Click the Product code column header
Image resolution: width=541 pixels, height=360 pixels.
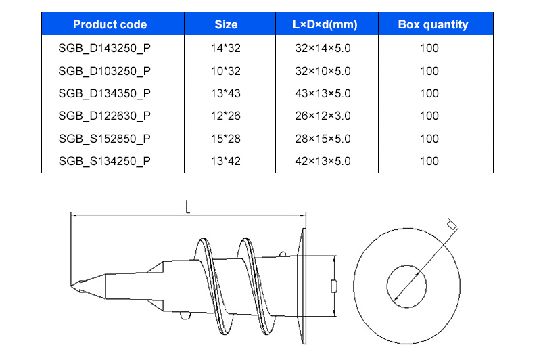coord(110,25)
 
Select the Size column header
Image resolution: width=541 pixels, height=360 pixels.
coord(226,25)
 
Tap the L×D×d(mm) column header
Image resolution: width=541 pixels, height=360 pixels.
coord(325,25)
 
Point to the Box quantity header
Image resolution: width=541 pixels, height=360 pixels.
coord(433,25)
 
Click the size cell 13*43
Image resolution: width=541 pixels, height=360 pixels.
coord(226,93)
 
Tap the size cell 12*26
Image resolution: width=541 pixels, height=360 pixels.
coord(226,116)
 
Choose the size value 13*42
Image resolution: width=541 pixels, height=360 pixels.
coord(226,161)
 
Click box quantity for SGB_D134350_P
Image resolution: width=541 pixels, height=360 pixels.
coord(429,93)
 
